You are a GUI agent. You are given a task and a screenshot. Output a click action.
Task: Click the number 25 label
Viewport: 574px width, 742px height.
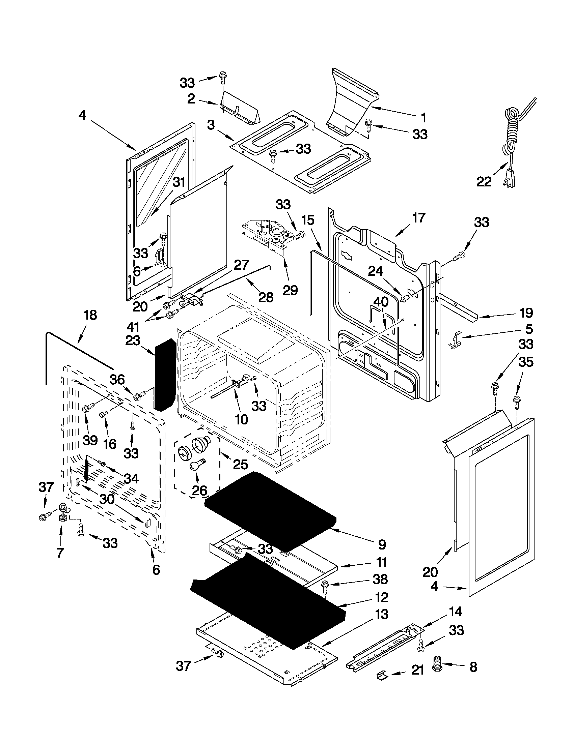click(240, 464)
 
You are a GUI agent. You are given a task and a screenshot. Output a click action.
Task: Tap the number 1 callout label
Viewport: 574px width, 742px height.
click(423, 118)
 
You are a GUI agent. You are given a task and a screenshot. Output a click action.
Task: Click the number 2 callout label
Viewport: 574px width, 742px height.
click(191, 99)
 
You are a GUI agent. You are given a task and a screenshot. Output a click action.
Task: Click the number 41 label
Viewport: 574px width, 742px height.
click(133, 327)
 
